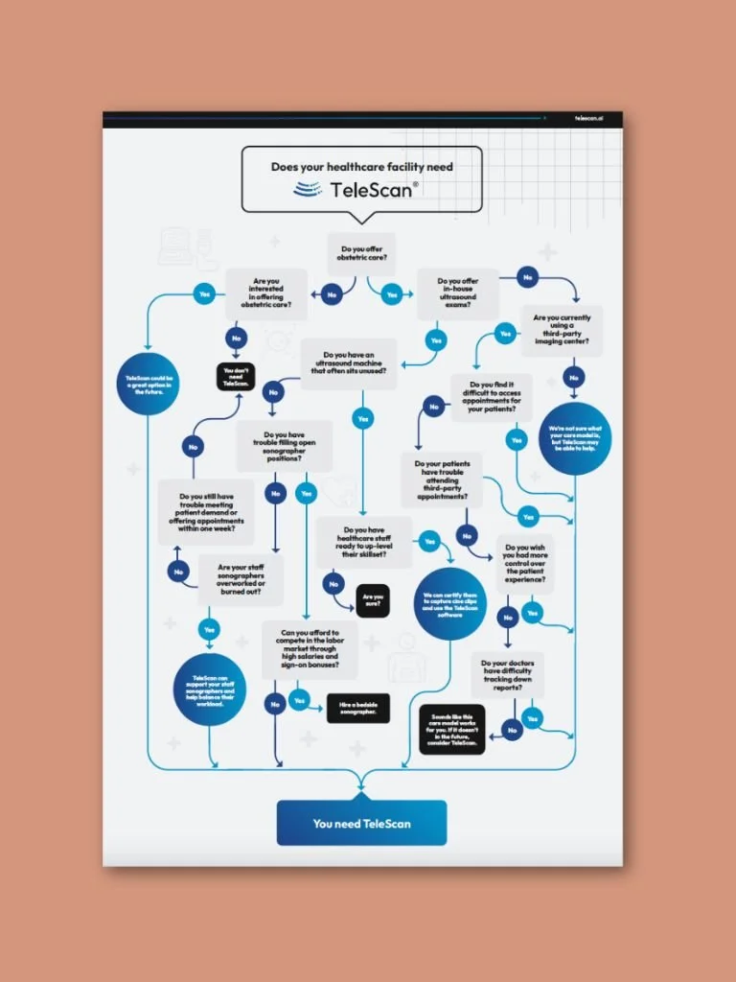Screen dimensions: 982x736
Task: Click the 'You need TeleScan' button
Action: point(361,823)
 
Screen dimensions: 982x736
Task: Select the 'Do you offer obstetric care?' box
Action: point(361,255)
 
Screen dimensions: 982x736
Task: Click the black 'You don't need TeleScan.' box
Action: point(235,375)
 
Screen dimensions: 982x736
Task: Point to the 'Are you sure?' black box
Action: point(372,600)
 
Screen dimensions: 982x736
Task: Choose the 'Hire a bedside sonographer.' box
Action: point(358,709)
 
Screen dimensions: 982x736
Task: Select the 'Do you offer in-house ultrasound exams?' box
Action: point(457,292)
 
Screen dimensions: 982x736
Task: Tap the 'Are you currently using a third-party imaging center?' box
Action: point(562,330)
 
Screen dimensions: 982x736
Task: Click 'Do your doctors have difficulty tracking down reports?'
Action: point(508,674)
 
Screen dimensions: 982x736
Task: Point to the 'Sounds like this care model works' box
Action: point(453,730)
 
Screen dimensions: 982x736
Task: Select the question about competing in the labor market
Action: point(310,649)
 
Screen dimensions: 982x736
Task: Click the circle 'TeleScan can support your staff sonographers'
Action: point(210,690)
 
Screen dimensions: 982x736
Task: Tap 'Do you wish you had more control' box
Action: point(524,565)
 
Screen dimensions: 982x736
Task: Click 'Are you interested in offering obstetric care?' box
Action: point(266,292)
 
